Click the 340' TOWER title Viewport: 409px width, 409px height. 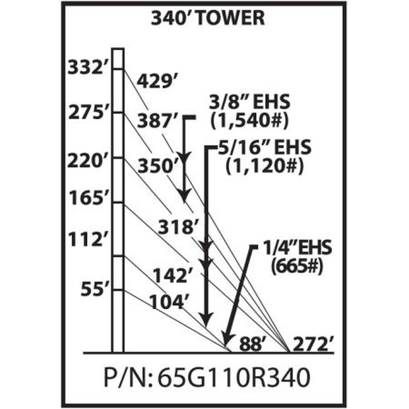coord(208,18)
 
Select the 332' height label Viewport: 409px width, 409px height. coord(86,68)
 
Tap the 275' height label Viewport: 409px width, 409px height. coord(86,113)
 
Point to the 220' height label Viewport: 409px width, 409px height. coord(85,161)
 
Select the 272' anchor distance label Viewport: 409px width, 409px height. coord(313,344)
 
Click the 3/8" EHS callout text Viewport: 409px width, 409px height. coord(249,102)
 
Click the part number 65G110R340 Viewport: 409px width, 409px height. coord(234,378)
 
